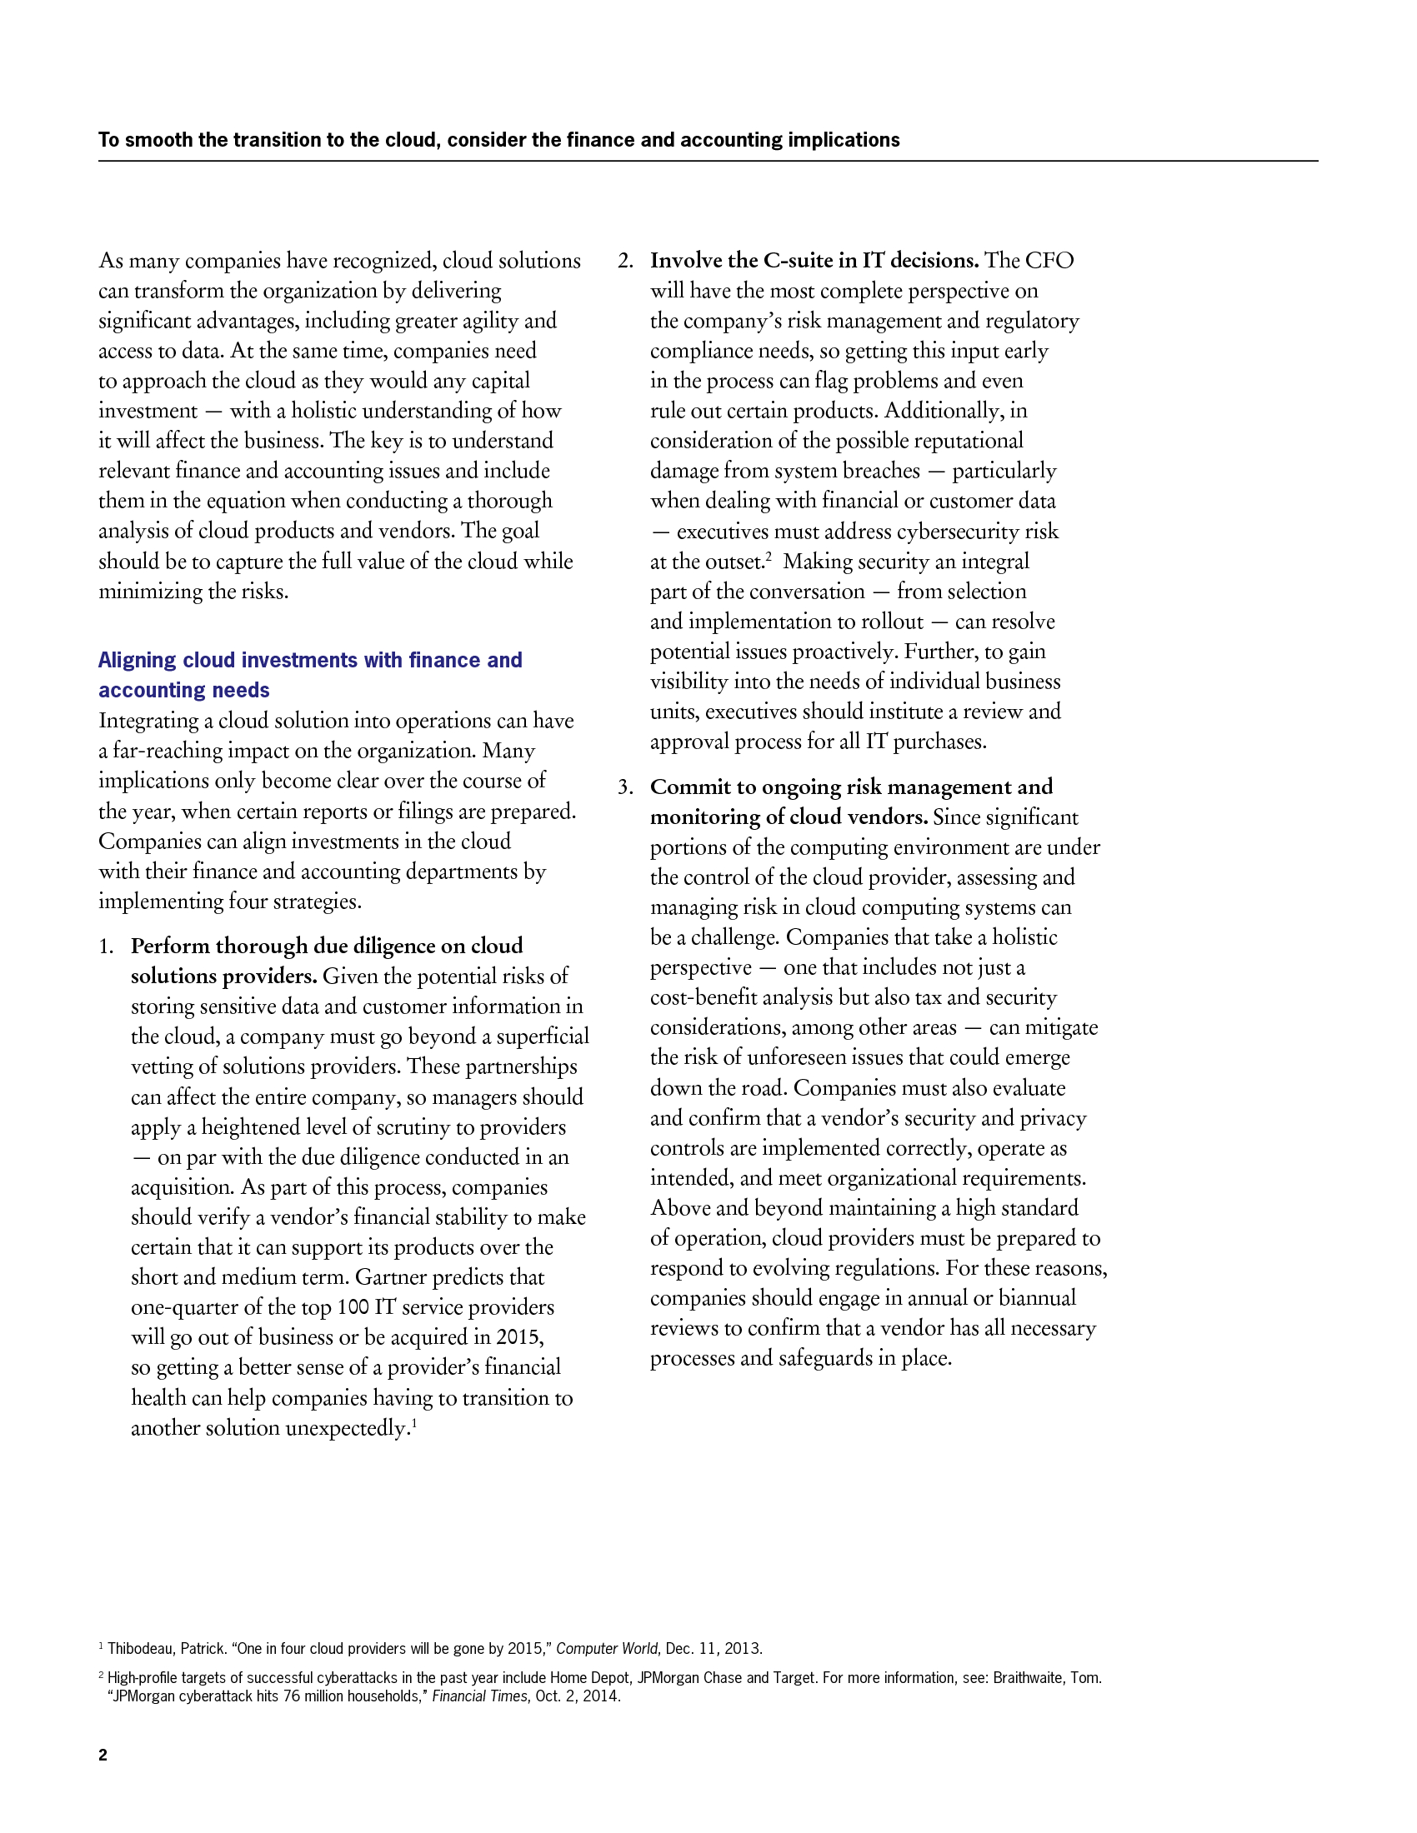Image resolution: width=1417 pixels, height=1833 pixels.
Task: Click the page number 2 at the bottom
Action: coord(103,1755)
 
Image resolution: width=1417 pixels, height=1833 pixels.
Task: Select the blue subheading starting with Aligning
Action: coord(310,675)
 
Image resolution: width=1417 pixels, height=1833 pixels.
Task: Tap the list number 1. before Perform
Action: coord(106,946)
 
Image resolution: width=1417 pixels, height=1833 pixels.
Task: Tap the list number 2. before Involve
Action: coord(625,261)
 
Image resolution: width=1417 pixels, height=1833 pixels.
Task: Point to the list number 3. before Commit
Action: coord(625,787)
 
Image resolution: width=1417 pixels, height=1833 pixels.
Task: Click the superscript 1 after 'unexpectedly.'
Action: coord(414,1421)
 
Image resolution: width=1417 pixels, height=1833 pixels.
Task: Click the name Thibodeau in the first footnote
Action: coord(142,1648)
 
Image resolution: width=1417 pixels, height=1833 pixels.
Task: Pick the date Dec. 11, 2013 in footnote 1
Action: coord(714,1648)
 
